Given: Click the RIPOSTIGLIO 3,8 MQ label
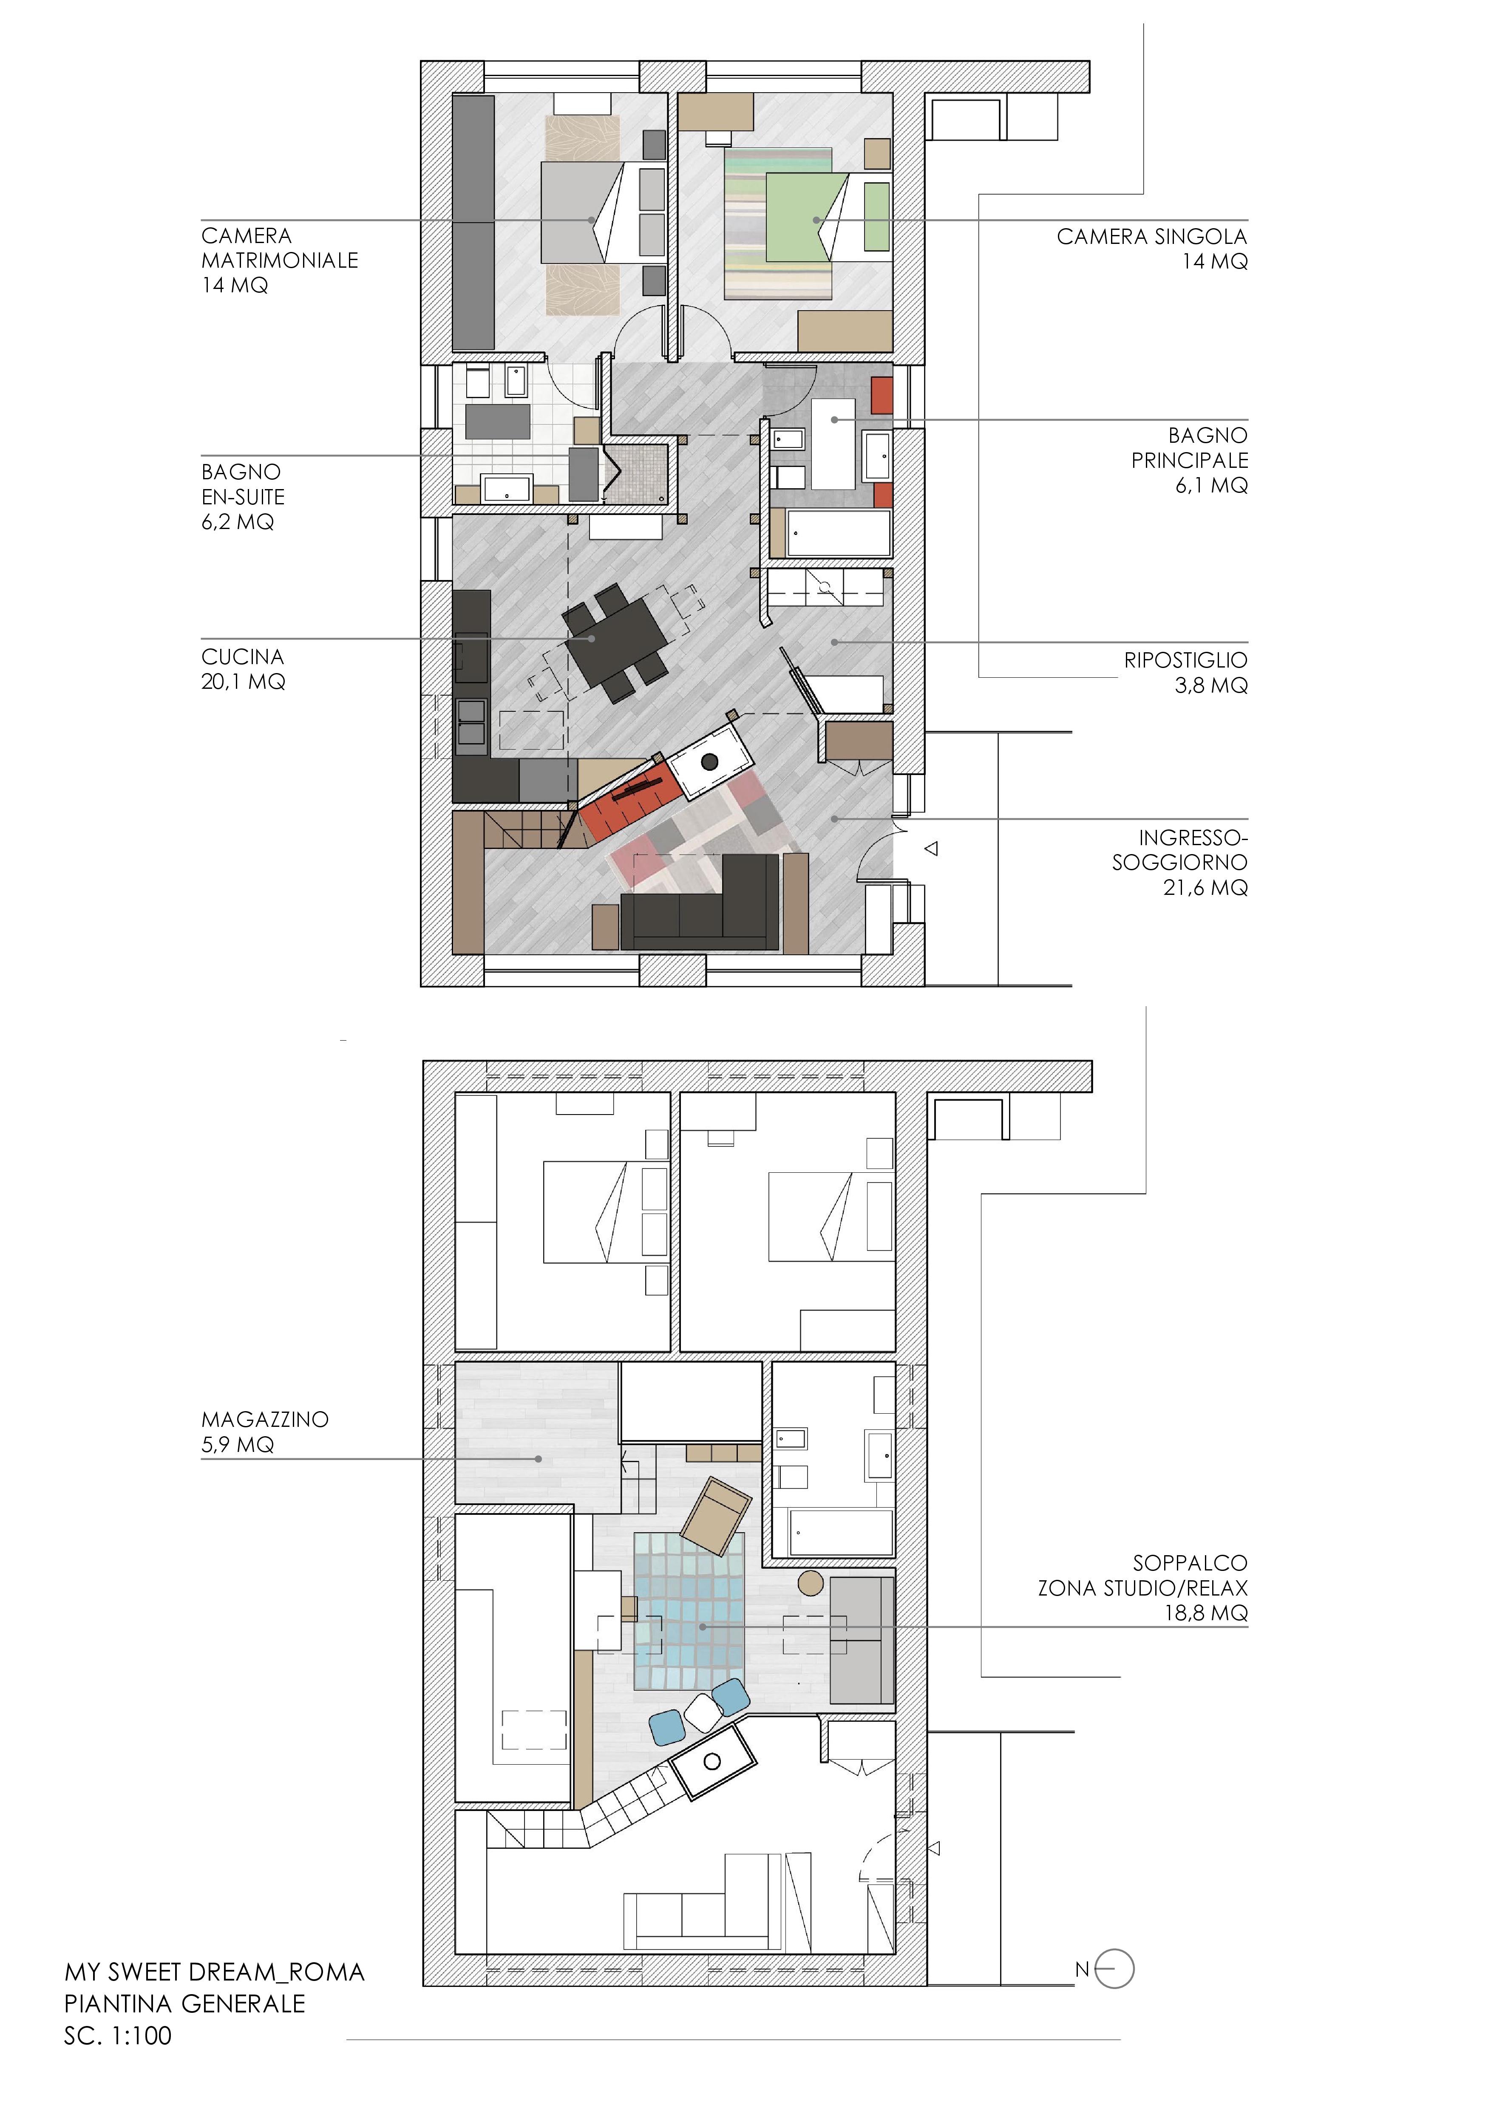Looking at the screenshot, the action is coord(1185,672).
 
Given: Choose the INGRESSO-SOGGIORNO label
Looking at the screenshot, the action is coord(1180,862).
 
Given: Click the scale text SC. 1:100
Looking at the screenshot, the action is coord(117,2035).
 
